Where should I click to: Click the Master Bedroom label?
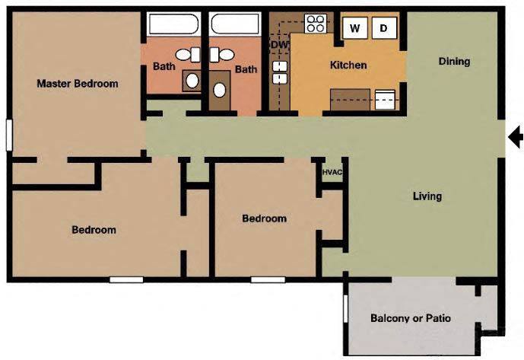[78, 84]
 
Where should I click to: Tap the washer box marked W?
[355, 29]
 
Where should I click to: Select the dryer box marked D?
[384, 29]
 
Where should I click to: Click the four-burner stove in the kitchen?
[316, 24]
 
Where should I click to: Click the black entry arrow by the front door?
[516, 138]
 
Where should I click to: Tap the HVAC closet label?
[332, 172]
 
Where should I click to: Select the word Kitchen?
[348, 65]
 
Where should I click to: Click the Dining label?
[454, 62]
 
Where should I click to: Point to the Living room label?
[427, 196]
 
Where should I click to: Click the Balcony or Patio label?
[411, 318]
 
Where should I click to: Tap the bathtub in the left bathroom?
[173, 24]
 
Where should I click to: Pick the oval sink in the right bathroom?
[220, 90]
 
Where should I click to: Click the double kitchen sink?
[279, 72]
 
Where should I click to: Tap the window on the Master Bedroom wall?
[9, 135]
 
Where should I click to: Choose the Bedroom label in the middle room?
[264, 219]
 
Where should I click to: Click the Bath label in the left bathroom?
[164, 67]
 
